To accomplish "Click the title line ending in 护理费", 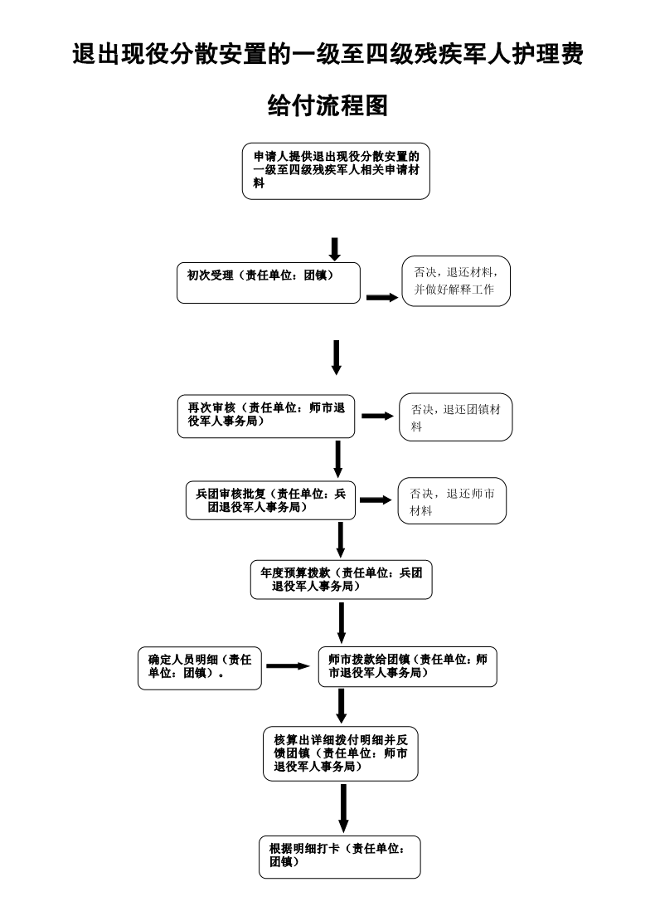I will click(327, 56).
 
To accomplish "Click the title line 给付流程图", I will click(327, 105).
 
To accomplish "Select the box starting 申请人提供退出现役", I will click(336, 173).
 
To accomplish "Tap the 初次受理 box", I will click(269, 283).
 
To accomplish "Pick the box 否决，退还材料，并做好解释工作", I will click(455, 281).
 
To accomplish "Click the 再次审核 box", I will click(266, 416).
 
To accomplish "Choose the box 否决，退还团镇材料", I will click(456, 417).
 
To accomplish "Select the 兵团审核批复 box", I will click(270, 499).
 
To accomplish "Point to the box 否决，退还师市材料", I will click(452, 501).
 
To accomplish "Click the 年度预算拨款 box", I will click(341, 580).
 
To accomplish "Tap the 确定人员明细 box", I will click(199, 667).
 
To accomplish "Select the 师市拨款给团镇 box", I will click(407, 666).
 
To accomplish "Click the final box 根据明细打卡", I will click(339, 856).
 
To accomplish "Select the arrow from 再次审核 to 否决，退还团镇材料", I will click(377, 416).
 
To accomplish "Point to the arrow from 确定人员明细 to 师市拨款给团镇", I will click(287, 666).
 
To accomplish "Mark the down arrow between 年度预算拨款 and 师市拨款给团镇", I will click(342, 622).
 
